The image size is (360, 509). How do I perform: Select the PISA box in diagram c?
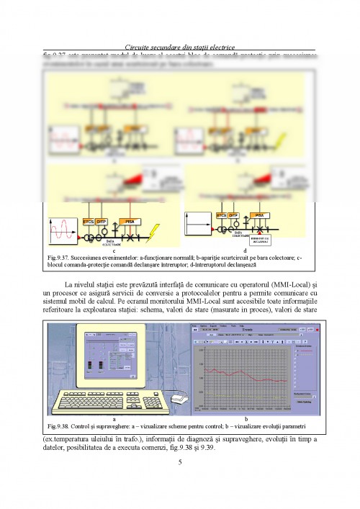(130, 221)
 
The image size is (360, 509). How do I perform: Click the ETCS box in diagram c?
(89, 221)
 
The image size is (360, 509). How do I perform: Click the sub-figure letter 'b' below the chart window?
(246, 418)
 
